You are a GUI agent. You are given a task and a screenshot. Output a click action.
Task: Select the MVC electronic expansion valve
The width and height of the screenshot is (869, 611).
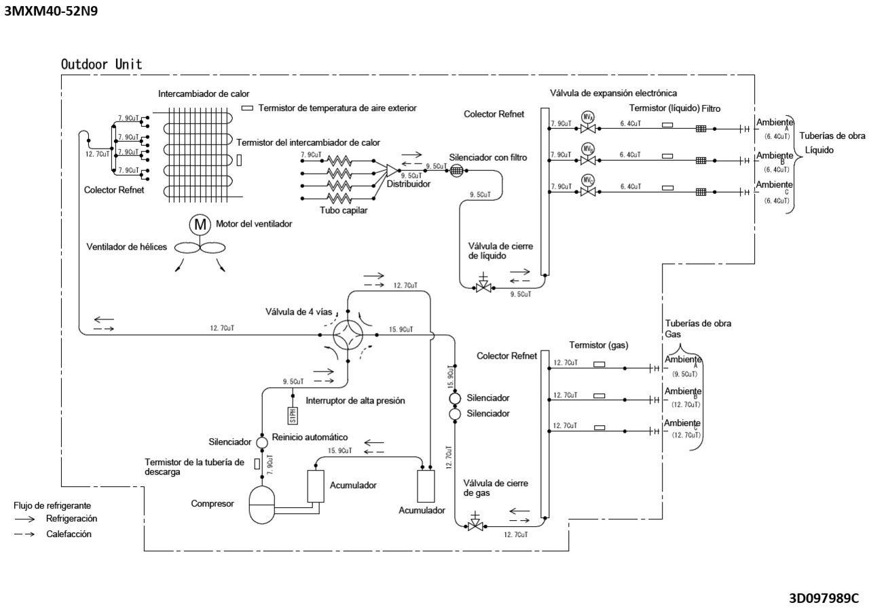pos(588,192)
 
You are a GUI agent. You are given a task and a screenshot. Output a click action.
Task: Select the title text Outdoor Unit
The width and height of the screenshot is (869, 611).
pos(101,64)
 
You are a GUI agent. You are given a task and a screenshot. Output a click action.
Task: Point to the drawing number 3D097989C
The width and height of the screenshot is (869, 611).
pos(824,598)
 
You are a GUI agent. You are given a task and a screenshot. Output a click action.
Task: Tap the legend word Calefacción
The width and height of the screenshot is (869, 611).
pos(69,534)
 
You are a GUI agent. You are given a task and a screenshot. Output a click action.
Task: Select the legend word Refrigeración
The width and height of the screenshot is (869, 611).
pos(71,519)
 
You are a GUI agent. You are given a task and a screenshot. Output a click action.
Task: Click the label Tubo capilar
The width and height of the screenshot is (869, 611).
pos(344,210)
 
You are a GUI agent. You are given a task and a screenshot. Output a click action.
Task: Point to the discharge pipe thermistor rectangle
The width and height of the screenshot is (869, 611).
pos(257,464)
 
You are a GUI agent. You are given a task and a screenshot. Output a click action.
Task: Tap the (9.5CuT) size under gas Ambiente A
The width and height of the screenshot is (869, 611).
pos(685,374)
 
